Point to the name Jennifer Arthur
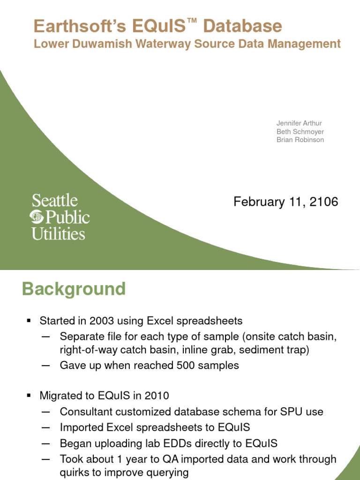[299, 123]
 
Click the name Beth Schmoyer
[300, 132]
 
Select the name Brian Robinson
[300, 140]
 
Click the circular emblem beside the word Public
[37, 217]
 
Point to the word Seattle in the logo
[54, 201]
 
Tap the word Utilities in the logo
[58, 233]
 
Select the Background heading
[74, 289]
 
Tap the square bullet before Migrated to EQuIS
[29, 396]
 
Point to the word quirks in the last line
[75, 472]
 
